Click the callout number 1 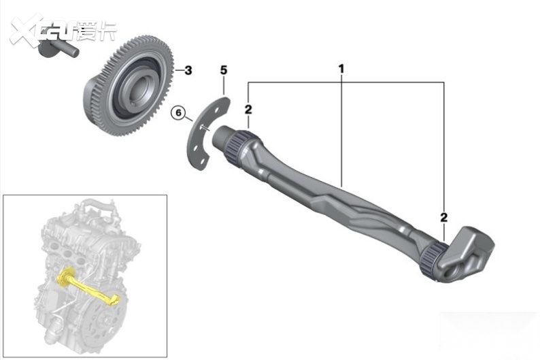[x=341, y=69]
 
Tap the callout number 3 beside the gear [x=188, y=71]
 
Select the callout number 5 [x=224, y=70]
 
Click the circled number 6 [x=178, y=113]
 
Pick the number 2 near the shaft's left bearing [x=248, y=110]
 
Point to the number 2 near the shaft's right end [x=444, y=217]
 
